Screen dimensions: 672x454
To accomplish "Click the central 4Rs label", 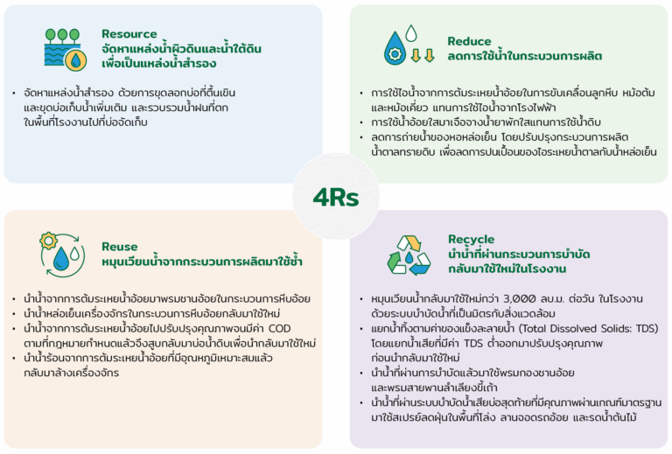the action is (x=336, y=198).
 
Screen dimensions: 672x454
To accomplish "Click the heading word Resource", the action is (x=129, y=34).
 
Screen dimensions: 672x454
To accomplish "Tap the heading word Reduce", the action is (x=469, y=41).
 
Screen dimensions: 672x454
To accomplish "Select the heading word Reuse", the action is (x=120, y=247).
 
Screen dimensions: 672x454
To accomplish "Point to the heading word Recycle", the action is (x=471, y=240).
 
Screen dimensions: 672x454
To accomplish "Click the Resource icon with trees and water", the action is (x=65, y=49).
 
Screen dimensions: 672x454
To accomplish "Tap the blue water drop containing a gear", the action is (x=395, y=48).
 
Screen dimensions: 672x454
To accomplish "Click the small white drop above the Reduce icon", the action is (x=411, y=33).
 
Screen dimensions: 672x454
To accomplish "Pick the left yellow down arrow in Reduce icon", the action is (x=416, y=55).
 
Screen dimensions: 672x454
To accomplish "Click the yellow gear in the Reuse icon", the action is (x=48, y=241).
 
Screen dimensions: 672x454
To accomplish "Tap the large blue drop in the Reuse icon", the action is (x=61, y=258).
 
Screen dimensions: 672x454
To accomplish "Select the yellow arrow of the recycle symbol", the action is (x=414, y=242).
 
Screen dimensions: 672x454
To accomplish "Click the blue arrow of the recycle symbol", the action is (x=420, y=269).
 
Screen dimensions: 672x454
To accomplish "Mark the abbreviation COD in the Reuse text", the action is (x=279, y=329).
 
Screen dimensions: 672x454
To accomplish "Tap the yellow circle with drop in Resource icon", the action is (x=75, y=59).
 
